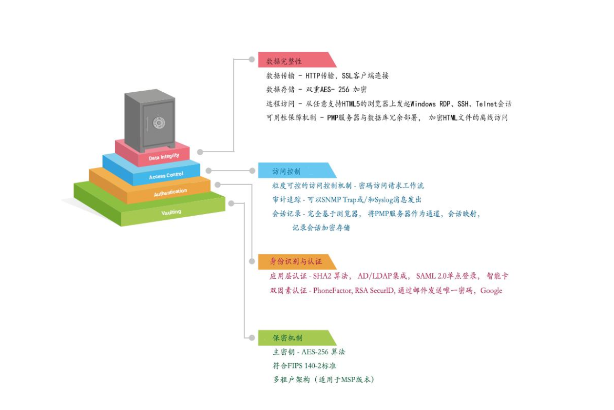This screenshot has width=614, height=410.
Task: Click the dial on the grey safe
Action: coord(159,122)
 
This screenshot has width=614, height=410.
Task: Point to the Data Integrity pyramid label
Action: coord(164,157)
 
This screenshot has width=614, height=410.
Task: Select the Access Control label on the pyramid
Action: coord(166,175)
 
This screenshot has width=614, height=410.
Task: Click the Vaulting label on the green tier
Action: coord(171,212)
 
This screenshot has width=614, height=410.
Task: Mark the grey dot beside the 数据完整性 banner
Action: coord(252,60)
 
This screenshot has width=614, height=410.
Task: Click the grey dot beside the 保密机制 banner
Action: coord(252,337)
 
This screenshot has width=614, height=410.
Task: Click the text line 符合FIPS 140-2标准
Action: coord(305,366)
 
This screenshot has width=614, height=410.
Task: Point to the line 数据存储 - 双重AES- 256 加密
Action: coord(316,89)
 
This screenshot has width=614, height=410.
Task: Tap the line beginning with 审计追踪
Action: coord(346,200)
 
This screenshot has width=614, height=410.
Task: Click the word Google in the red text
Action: coord(491,290)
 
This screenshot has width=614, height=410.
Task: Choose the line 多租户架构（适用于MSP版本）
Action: coord(323,379)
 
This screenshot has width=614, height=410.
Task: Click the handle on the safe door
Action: coord(146,124)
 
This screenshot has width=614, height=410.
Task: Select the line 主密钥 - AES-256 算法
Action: coord(309,352)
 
